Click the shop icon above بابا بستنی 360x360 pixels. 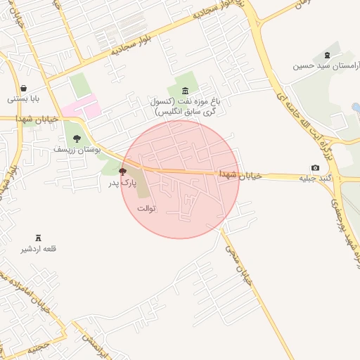click(x=25, y=89)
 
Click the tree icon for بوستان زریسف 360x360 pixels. click(x=77, y=139)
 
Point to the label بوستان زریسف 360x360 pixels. click(x=77, y=149)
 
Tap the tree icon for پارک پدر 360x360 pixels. click(x=123, y=172)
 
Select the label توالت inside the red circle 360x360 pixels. click(x=146, y=208)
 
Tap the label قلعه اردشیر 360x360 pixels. click(x=40, y=249)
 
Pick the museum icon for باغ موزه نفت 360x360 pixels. click(x=185, y=90)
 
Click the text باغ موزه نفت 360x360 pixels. click(x=184, y=101)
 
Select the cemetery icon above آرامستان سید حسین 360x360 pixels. click(x=326, y=56)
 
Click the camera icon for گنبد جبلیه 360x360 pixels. click(x=315, y=167)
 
